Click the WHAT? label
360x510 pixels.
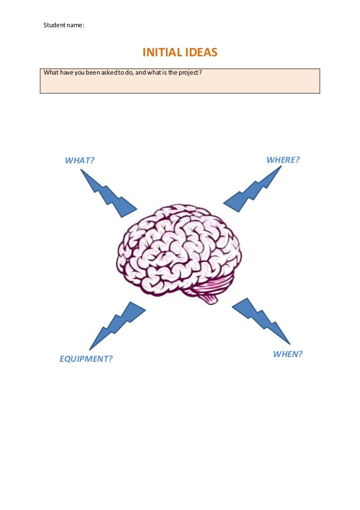click(x=80, y=160)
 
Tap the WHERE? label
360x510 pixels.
click(x=283, y=160)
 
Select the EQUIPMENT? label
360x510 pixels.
click(x=86, y=359)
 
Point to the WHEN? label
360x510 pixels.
click(x=288, y=354)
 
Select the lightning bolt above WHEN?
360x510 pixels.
click(x=261, y=320)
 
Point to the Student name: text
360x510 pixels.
click(x=64, y=25)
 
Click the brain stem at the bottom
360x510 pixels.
click(x=209, y=297)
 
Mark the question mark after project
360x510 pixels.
click(x=201, y=73)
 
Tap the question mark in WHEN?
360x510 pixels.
click(x=300, y=354)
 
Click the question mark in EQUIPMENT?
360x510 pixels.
click(x=111, y=359)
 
